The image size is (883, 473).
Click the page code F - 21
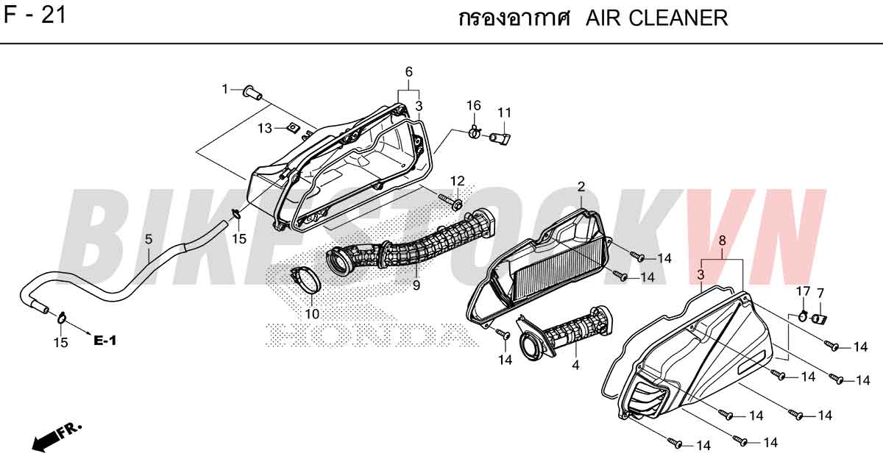(x=35, y=16)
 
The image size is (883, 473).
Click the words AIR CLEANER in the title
(x=656, y=18)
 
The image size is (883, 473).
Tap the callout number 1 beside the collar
(x=225, y=90)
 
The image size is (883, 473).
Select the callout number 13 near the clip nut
(x=266, y=128)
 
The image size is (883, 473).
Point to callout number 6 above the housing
(x=409, y=72)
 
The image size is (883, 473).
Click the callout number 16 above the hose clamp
(x=474, y=106)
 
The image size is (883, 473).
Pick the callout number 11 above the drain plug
(x=504, y=113)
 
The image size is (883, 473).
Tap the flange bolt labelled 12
(x=451, y=202)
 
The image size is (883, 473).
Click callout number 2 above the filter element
(x=581, y=186)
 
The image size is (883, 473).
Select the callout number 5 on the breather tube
(x=148, y=239)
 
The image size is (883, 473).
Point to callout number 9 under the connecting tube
(x=416, y=285)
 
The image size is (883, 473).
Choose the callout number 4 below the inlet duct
(x=575, y=365)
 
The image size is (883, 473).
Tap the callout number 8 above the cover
(x=722, y=240)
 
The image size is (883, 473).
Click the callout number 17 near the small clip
(x=803, y=291)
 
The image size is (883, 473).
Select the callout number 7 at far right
(x=820, y=294)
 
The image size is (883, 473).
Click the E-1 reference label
(x=104, y=340)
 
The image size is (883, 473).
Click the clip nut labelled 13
(x=293, y=127)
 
